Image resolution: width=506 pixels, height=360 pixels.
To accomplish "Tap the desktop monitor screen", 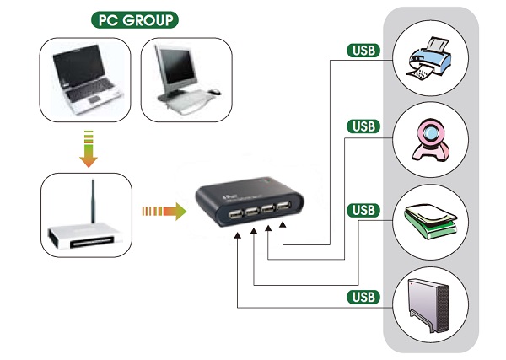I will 176,73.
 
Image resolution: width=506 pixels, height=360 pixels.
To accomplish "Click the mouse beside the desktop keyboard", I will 214,91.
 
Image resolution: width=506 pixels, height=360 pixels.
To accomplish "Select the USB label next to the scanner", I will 363,209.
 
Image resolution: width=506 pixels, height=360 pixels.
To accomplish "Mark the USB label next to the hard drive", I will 363,296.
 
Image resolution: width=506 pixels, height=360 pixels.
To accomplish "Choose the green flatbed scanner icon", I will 431,221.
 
